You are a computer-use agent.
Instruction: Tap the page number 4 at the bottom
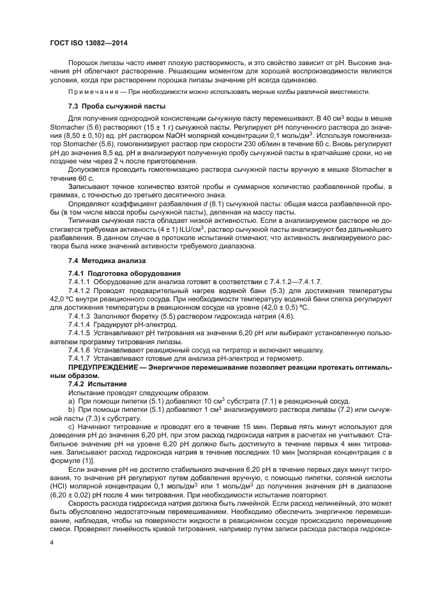(51, 541)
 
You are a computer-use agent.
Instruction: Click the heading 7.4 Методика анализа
(98, 261)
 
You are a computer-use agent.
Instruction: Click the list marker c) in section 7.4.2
(71, 425)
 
